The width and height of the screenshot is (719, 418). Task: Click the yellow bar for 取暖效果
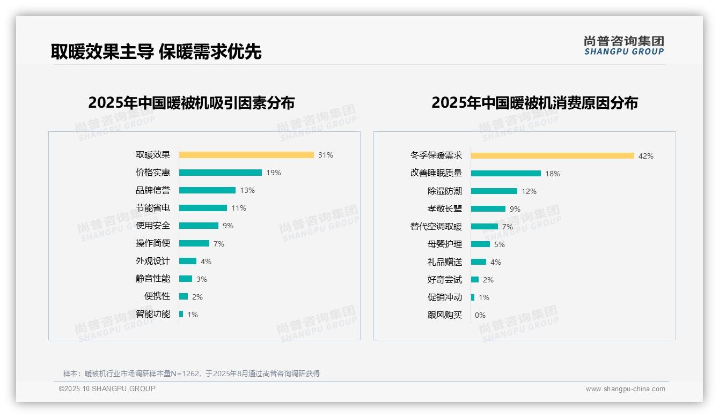(246, 155)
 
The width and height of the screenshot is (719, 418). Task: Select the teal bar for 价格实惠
(221, 173)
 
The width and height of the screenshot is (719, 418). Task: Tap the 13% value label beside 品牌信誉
(247, 190)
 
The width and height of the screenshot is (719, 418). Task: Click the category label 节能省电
(153, 208)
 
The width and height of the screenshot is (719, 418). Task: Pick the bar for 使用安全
(199, 226)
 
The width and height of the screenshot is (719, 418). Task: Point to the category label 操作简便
(153, 243)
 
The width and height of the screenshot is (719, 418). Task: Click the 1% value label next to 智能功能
(193, 315)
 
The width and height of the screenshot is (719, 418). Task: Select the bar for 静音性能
(186, 279)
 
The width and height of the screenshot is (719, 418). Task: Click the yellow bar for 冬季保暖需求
(553, 156)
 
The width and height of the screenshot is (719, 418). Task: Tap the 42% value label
(646, 156)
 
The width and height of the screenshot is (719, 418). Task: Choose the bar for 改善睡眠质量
(506, 174)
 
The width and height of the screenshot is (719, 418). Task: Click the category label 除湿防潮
(445, 191)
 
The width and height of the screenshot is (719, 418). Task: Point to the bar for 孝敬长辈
(488, 209)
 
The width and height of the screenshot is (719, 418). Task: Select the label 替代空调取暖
(436, 227)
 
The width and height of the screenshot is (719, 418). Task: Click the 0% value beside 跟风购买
(480, 315)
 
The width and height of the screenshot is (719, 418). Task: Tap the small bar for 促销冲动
(473, 297)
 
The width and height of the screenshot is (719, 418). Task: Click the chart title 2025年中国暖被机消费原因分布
(534, 103)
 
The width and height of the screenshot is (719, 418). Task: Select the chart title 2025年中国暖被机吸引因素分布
(192, 103)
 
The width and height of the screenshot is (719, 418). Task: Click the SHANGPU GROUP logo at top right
(624, 46)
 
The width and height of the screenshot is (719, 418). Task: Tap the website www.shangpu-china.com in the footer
(625, 389)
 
